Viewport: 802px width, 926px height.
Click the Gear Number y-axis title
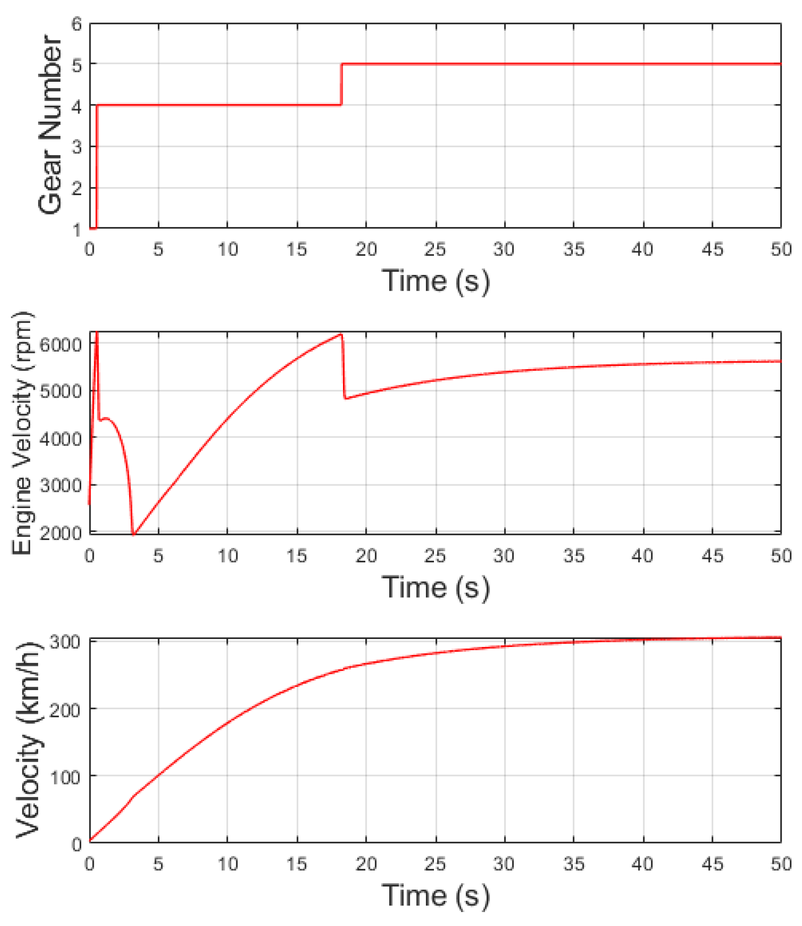[50, 124]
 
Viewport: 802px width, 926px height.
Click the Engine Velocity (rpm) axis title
[22, 433]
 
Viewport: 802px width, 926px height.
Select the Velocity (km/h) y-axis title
[29, 741]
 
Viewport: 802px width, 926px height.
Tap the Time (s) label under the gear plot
[435, 280]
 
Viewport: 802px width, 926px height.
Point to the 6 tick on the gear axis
[77, 24]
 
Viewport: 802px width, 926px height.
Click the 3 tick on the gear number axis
[77, 147]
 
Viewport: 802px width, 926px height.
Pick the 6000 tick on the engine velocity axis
[60, 345]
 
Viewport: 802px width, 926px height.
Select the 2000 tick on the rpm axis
[60, 533]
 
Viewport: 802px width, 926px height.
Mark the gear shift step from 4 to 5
[341, 84]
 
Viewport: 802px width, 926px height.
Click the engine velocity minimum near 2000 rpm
[134, 535]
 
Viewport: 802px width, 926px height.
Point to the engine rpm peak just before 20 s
[341, 334]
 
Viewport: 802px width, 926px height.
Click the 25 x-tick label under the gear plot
[435, 250]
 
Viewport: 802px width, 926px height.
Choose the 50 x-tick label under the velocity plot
[781, 864]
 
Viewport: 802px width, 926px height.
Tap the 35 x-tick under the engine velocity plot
[574, 556]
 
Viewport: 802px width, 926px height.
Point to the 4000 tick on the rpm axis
[60, 438]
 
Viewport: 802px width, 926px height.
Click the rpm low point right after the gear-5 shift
[346, 398]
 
